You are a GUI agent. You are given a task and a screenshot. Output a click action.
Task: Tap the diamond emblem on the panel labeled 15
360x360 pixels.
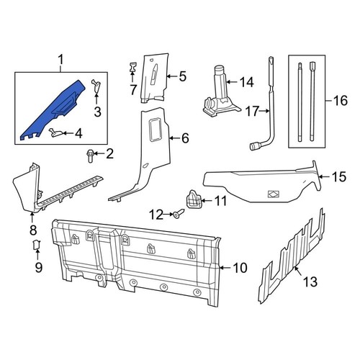click(x=273, y=193)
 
